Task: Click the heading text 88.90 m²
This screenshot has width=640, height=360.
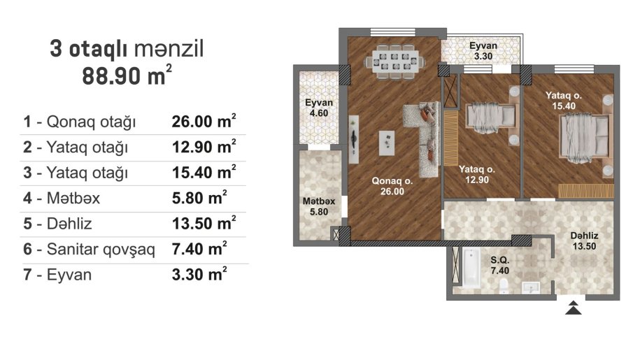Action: [x=127, y=75]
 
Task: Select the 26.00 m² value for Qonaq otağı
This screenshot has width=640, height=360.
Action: [x=204, y=121]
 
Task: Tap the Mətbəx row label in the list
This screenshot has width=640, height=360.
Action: [x=73, y=198]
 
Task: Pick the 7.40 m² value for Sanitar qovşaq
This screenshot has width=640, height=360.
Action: [x=199, y=249]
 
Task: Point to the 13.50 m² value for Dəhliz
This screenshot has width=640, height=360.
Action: [x=204, y=224]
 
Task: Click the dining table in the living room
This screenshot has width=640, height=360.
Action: [x=394, y=61]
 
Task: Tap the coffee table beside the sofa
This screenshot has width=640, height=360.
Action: [x=387, y=143]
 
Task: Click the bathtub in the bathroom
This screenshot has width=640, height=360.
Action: [x=471, y=268]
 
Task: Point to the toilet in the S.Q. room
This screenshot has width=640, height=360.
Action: [x=504, y=286]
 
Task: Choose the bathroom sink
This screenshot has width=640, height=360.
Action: [x=531, y=287]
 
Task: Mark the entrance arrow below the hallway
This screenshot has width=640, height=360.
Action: [x=574, y=308]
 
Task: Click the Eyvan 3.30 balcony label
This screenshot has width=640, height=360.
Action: [x=483, y=51]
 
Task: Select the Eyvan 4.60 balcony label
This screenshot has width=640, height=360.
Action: [x=319, y=108]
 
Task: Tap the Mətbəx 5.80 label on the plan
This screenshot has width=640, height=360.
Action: [x=319, y=206]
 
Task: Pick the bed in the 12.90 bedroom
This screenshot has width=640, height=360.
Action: [x=490, y=117]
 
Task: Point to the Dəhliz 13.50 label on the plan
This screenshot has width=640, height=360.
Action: [x=584, y=240]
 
